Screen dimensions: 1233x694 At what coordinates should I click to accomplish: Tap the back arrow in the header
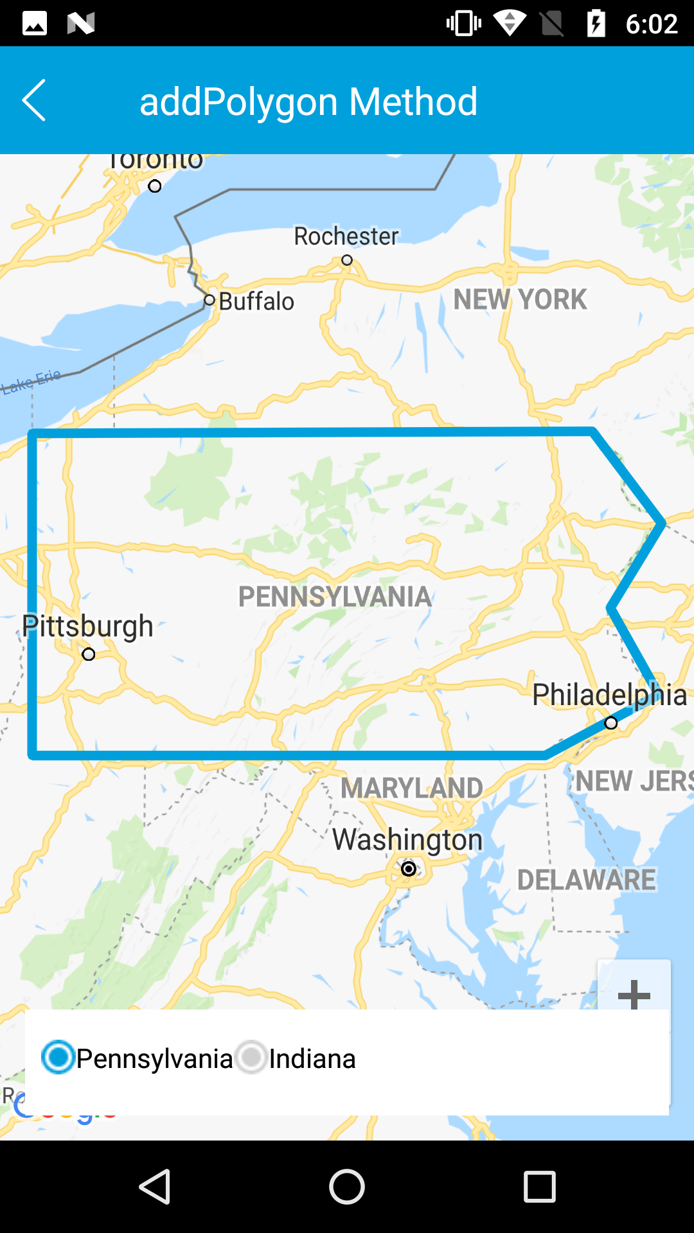pyautogui.click(x=34, y=100)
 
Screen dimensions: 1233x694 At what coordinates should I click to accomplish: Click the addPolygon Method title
pyautogui.click(x=308, y=101)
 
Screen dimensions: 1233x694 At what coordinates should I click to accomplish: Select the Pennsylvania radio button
pyautogui.click(x=58, y=1057)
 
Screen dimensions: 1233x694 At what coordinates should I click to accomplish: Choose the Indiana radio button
pyautogui.click(x=251, y=1057)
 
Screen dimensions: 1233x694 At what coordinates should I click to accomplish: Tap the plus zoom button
pyautogui.click(x=634, y=993)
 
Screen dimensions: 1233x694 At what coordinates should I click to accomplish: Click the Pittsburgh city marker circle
pyautogui.click(x=89, y=654)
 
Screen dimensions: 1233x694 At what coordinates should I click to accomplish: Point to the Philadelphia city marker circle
pyautogui.click(x=611, y=723)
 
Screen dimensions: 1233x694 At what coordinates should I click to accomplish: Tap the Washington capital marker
pyautogui.click(x=409, y=869)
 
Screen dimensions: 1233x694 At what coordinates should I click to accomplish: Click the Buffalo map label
pyautogui.click(x=256, y=301)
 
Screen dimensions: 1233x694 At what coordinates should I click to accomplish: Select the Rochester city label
pyautogui.click(x=346, y=236)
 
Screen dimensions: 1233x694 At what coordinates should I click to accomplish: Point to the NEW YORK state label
pyautogui.click(x=520, y=299)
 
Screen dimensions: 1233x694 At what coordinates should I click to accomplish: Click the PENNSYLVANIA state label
pyautogui.click(x=335, y=597)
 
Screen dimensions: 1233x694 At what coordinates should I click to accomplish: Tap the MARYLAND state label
pyautogui.click(x=412, y=788)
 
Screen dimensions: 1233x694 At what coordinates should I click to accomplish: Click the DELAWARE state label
pyautogui.click(x=587, y=880)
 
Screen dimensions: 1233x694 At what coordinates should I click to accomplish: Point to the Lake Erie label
pyautogui.click(x=31, y=381)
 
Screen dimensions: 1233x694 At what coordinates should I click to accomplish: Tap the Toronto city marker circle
pyautogui.click(x=155, y=186)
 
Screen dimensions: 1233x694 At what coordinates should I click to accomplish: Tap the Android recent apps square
pyautogui.click(x=540, y=1186)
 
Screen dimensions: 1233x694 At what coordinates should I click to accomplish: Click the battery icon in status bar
pyautogui.click(x=596, y=24)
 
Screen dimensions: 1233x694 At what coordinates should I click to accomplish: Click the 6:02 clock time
pyautogui.click(x=652, y=24)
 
